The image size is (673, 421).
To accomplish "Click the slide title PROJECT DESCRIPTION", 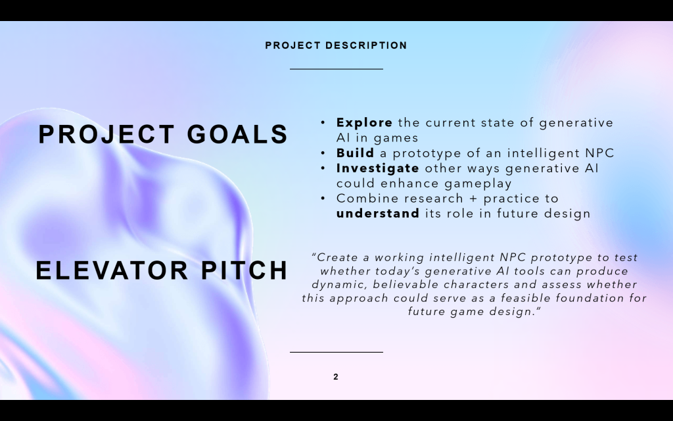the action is point(336,45).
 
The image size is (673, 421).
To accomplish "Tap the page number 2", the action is point(336,377).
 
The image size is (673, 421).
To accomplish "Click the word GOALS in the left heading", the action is point(237,134).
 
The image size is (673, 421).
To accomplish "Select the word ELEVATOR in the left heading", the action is point(112,270).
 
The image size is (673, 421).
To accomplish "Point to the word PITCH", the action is point(244,270).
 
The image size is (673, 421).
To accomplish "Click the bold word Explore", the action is point(364,123).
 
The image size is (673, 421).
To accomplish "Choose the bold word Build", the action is point(355,153).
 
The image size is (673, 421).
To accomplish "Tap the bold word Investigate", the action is point(378,168).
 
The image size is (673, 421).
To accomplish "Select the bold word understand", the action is point(378,214).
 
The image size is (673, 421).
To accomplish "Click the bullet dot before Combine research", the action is point(323,199).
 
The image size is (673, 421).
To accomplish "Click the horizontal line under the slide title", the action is point(336,68).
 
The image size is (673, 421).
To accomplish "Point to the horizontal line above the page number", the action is point(336,353).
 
